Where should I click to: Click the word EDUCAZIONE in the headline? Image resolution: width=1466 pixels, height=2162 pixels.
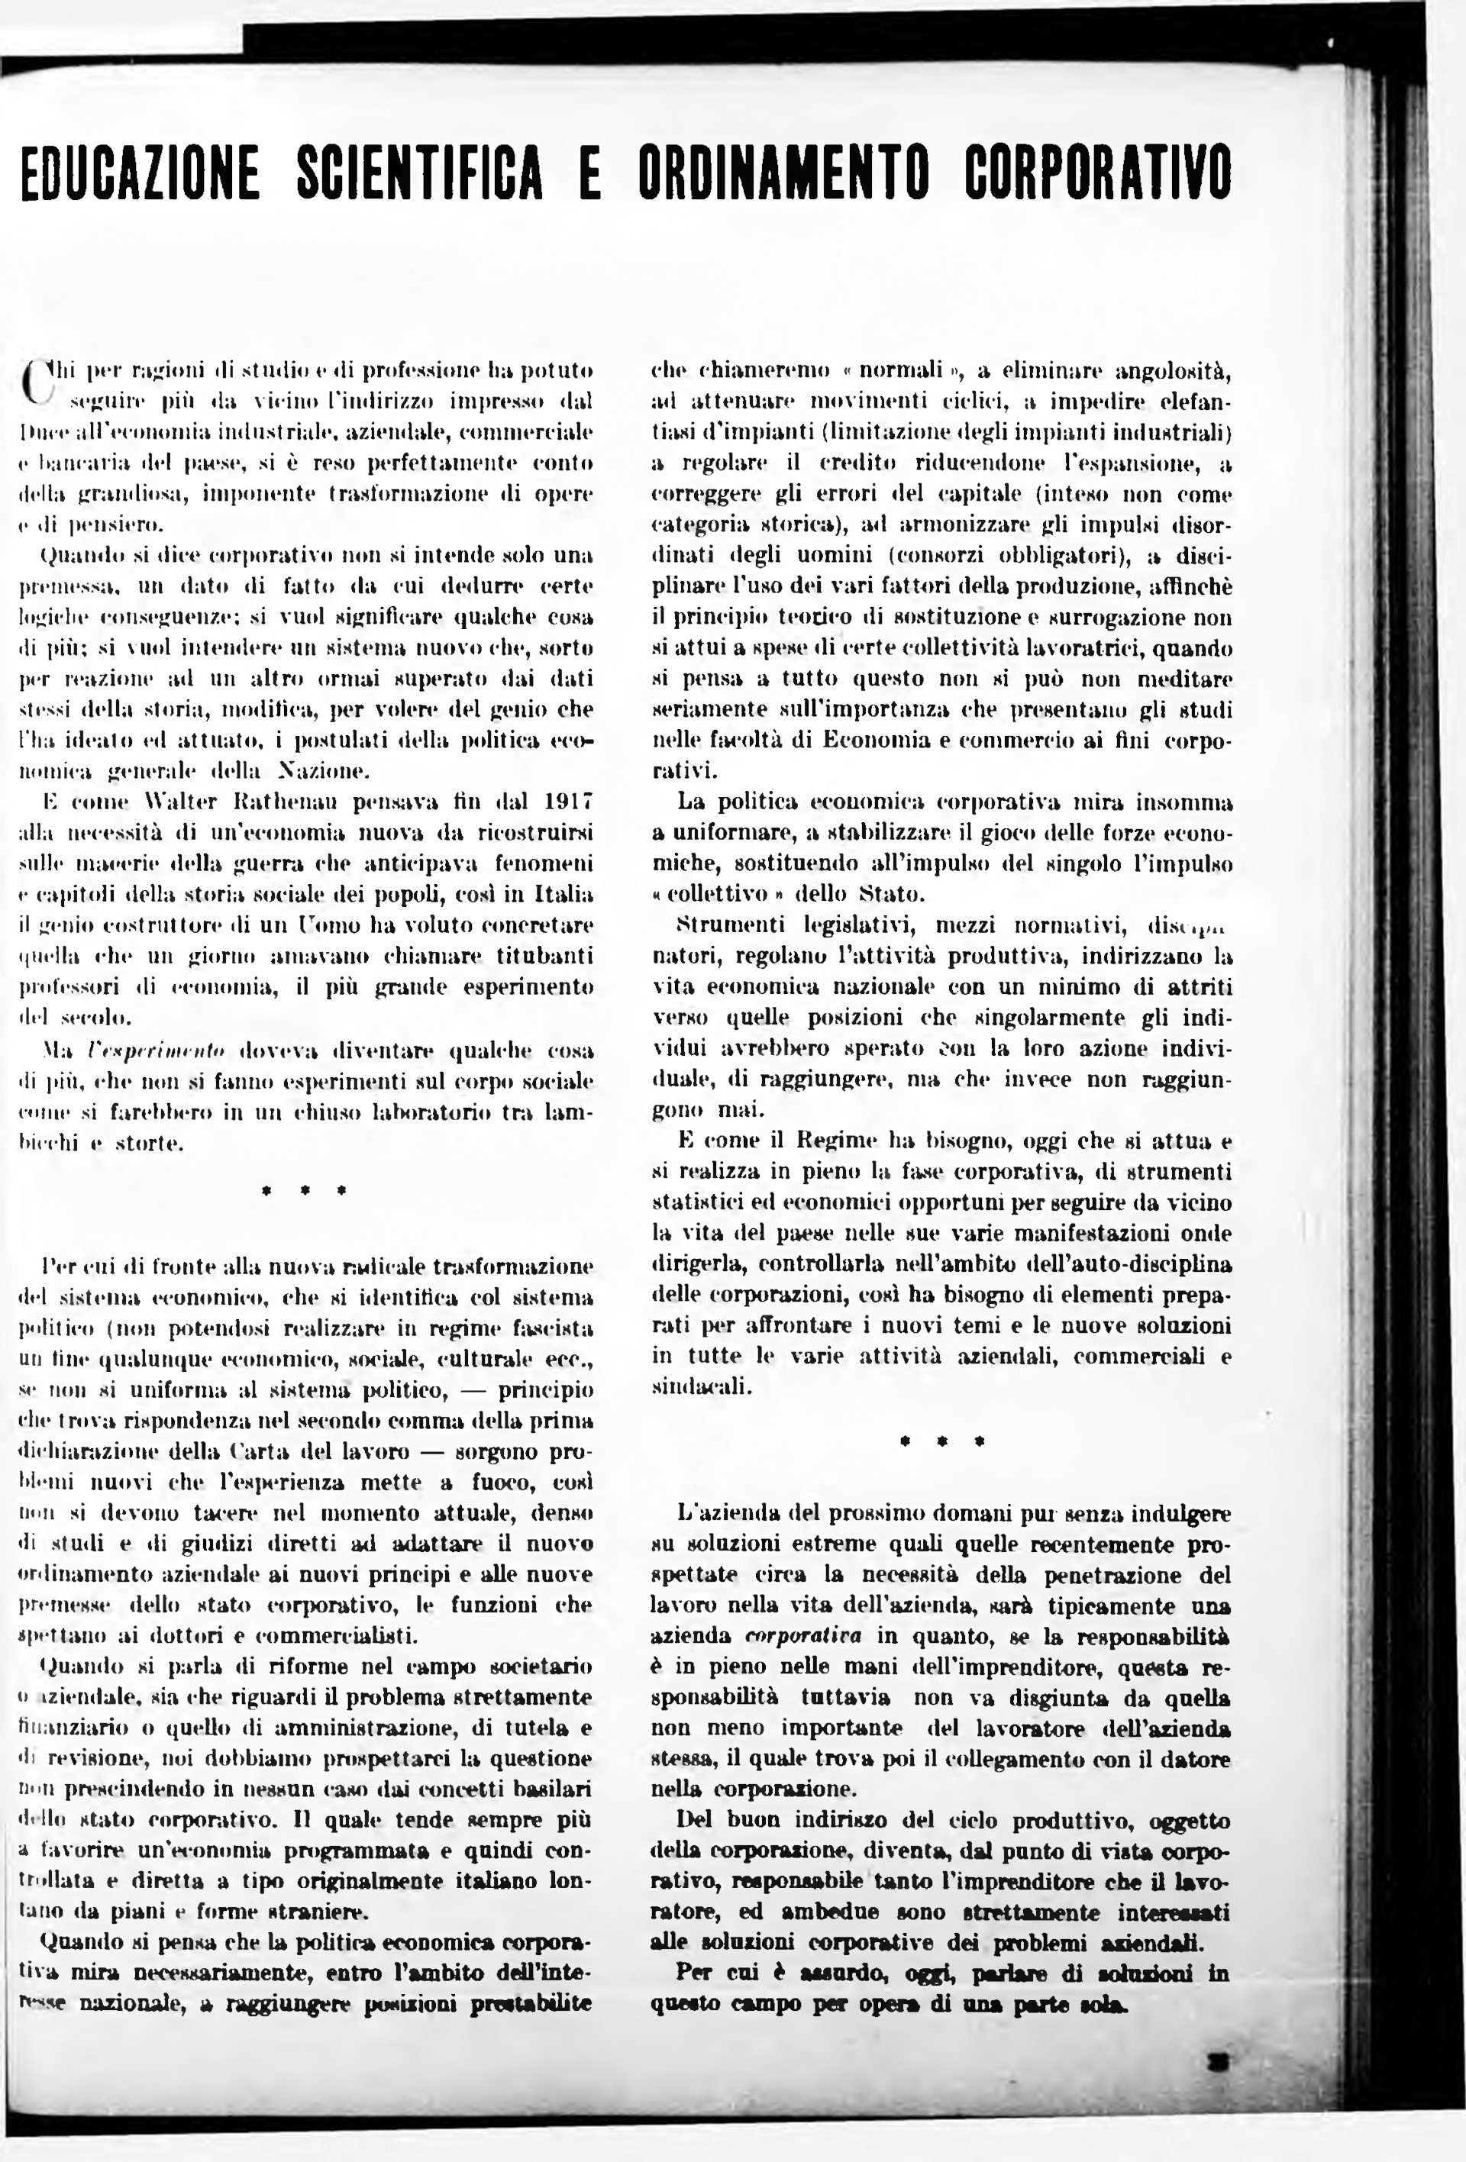140,171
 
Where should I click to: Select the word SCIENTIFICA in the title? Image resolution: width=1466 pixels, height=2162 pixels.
419,171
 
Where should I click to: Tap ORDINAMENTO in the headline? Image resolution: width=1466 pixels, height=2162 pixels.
784,171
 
